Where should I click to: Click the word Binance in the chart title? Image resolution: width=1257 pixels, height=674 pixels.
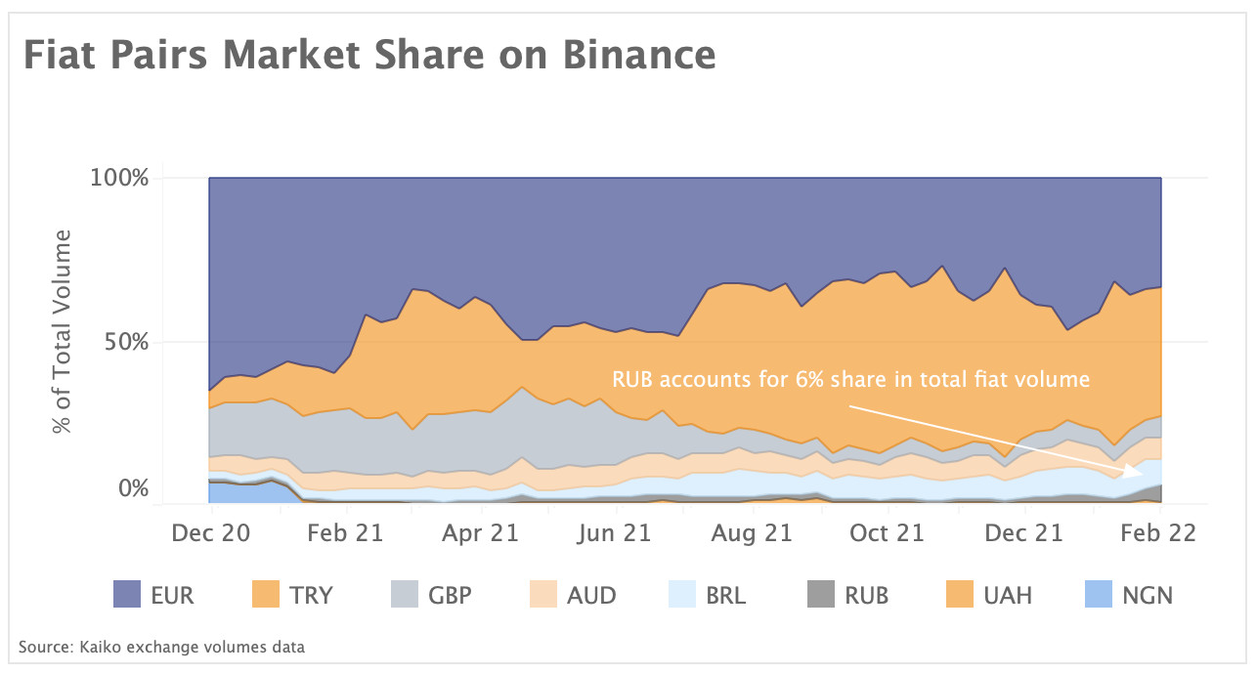coord(638,55)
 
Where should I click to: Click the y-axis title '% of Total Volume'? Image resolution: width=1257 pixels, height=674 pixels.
coord(64,332)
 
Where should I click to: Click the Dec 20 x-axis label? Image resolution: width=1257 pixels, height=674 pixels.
coord(211,533)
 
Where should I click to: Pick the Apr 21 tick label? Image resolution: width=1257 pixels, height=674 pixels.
coord(478,533)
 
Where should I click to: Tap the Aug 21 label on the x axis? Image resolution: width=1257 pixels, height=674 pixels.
coord(752,533)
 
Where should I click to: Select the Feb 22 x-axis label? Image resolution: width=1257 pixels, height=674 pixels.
coord(1158,533)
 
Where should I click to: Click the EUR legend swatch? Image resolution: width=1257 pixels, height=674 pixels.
coord(128,594)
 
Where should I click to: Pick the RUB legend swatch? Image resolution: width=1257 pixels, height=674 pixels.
coord(822,594)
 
